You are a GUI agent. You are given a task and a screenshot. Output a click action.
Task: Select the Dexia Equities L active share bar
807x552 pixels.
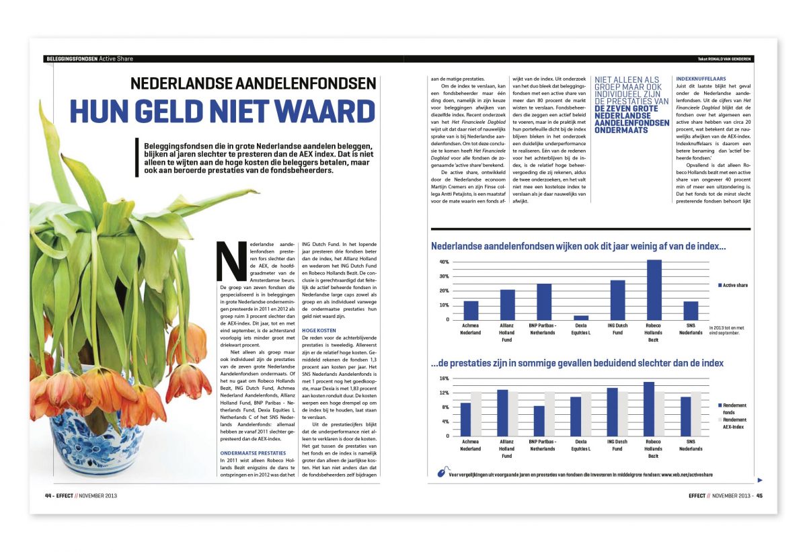pyautogui.click(x=581, y=317)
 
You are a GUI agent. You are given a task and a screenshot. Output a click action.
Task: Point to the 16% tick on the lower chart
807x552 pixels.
pyautogui.click(x=444, y=378)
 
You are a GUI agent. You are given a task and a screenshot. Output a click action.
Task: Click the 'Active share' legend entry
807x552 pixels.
pyautogui.click(x=734, y=285)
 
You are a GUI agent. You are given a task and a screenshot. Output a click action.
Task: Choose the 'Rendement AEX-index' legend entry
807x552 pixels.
pyautogui.click(x=734, y=423)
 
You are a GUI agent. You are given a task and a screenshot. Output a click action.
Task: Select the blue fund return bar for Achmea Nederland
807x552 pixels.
pyautogui.click(x=465, y=419)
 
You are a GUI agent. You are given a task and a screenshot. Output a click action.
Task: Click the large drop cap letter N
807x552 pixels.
pyautogui.click(x=227, y=261)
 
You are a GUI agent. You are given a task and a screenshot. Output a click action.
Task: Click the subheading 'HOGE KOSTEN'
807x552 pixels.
pyautogui.click(x=319, y=331)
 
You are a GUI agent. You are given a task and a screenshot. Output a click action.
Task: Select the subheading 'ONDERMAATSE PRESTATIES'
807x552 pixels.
pyautogui.click(x=253, y=453)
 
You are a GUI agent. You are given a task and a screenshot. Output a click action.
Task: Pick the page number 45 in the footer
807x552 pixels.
pyautogui.click(x=759, y=496)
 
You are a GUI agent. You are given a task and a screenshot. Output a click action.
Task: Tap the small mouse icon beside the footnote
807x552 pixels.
pyautogui.click(x=441, y=473)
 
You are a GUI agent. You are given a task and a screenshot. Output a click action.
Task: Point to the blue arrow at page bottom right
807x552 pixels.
pyautogui.click(x=760, y=480)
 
